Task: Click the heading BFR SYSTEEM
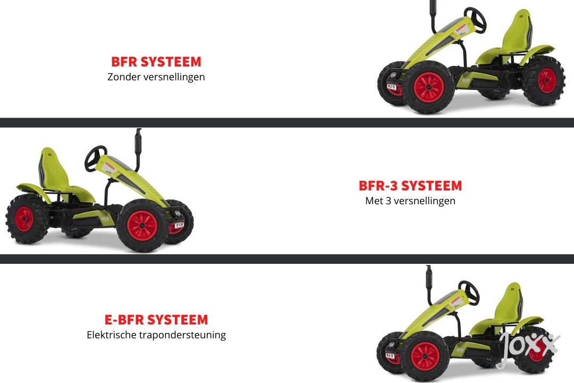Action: coord(156,62)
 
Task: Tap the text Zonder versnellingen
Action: coord(156,77)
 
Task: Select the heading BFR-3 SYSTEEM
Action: coord(410,186)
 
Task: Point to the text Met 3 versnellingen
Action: coord(410,201)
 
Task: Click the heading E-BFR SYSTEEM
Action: coord(156,320)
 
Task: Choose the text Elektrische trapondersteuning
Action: coord(156,335)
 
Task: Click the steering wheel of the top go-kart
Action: coord(476,20)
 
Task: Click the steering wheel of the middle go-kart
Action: coord(95,159)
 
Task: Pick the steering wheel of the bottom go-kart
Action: coord(469,292)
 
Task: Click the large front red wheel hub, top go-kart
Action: coord(429,88)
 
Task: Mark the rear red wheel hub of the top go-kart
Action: coord(547,80)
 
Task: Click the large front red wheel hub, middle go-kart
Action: coord(142,226)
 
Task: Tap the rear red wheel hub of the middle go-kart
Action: coord(24,219)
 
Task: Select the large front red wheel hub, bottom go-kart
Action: coord(425,355)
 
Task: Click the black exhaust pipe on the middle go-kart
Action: coord(138,148)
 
